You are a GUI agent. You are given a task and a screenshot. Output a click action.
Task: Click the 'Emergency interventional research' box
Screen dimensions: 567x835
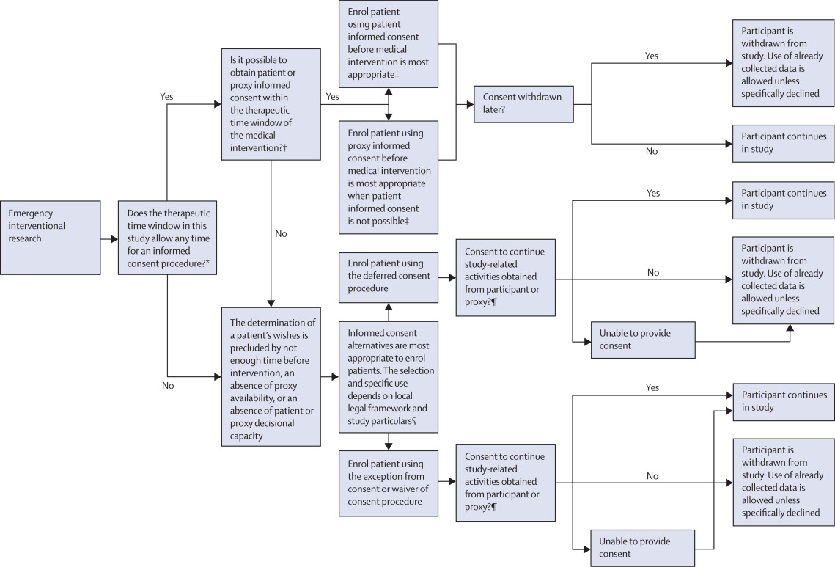[x=51, y=238]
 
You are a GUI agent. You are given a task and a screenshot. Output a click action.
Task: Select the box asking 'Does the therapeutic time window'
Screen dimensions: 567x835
[x=167, y=238]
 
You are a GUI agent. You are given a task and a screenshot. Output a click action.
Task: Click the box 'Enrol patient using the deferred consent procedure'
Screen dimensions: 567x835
[x=389, y=277]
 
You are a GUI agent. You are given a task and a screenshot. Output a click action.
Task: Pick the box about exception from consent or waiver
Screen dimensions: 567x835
[x=389, y=483]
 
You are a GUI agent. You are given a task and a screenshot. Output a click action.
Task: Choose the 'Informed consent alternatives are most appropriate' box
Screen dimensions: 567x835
[x=389, y=376]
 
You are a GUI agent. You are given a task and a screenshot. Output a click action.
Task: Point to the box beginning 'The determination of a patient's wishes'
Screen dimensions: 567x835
[x=271, y=376]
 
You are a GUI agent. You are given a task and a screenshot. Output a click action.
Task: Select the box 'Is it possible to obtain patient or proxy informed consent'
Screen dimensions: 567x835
[x=271, y=103]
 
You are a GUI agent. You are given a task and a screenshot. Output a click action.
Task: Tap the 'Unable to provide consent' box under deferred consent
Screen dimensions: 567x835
[x=642, y=340]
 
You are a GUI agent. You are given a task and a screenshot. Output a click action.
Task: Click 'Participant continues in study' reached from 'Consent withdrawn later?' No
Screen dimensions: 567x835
[x=783, y=142]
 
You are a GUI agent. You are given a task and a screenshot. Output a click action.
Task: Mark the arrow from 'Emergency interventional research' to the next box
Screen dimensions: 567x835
[x=109, y=238]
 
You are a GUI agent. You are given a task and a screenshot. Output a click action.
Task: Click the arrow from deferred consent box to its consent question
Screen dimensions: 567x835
[x=447, y=278]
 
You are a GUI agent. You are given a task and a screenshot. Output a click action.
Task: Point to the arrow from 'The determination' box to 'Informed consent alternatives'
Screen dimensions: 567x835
[x=330, y=376]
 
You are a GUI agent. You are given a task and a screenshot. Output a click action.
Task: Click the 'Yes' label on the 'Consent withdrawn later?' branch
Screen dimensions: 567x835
[x=652, y=56]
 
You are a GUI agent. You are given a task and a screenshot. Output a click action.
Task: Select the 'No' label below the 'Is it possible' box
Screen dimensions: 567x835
[x=281, y=233]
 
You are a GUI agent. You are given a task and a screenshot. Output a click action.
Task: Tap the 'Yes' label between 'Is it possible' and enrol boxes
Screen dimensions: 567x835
[x=332, y=96]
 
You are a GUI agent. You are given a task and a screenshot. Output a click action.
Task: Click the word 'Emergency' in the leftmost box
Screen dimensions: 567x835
[x=31, y=213]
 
